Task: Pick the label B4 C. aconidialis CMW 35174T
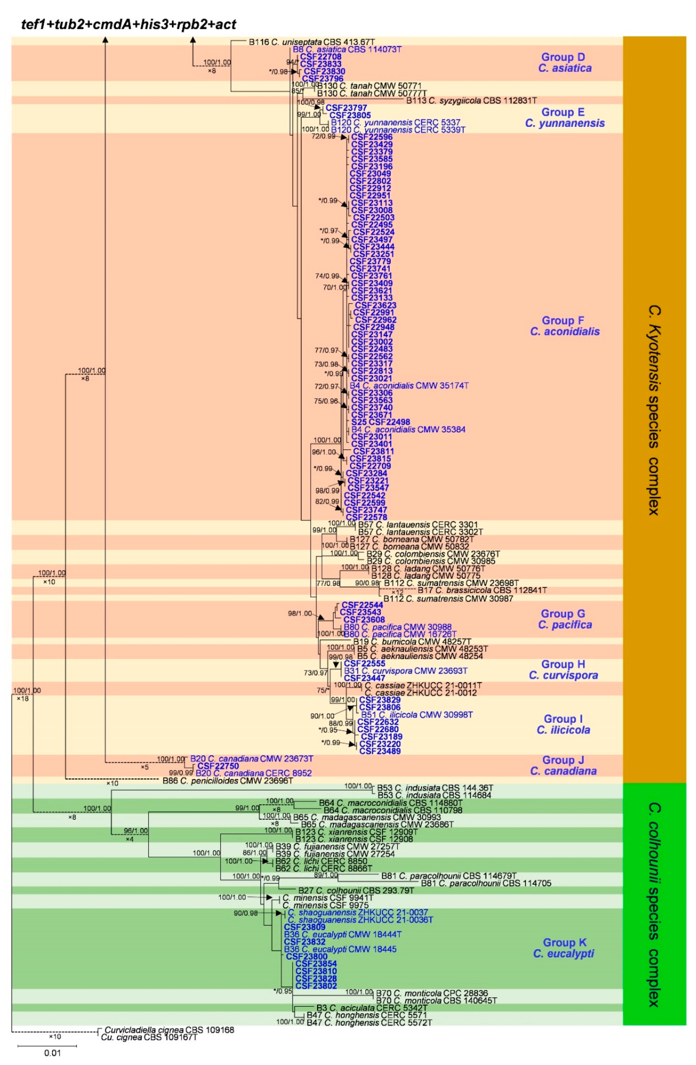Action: [x=409, y=385]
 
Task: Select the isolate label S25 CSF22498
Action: [x=380, y=422]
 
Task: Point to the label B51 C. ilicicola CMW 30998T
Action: [x=417, y=715]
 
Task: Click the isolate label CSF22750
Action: [x=218, y=766]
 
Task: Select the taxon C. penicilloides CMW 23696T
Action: [x=227, y=781]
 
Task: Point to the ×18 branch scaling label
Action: [x=22, y=698]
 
